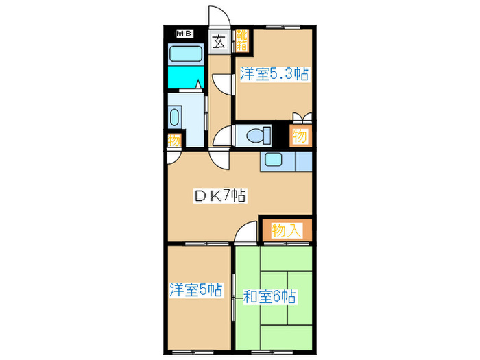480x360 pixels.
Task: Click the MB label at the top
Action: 184,34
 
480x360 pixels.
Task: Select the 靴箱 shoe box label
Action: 242,41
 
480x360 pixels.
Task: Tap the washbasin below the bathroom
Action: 176,117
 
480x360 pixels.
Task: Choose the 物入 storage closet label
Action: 286,230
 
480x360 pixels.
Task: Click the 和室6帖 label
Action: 270,297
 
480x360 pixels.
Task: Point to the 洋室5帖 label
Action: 196,290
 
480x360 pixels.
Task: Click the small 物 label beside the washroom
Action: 174,140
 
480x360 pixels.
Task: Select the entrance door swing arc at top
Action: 217,15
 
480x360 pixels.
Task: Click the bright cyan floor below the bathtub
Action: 185,77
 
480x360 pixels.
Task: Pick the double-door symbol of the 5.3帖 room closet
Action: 299,117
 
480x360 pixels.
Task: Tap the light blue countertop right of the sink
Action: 303,161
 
